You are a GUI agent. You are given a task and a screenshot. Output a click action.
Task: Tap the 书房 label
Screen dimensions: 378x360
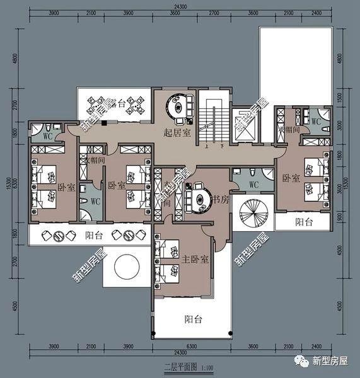pos(219,201)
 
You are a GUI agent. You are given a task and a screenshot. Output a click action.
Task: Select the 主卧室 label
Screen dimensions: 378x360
pos(197,258)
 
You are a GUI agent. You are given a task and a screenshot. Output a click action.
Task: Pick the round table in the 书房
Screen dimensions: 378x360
pos(200,198)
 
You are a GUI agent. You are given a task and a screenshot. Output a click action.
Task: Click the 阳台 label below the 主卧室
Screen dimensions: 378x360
pos(193,319)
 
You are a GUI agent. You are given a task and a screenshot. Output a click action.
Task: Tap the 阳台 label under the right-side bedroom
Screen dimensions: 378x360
pos(305,222)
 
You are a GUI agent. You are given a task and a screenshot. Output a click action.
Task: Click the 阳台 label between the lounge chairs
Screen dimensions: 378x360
pos(94,236)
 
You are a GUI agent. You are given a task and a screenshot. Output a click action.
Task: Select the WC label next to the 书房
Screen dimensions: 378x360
pos(254,185)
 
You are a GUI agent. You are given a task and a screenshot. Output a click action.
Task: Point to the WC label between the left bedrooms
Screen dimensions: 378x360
pos(95,202)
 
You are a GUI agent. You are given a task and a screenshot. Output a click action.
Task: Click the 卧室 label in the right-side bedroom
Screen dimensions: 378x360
pos(291,178)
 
